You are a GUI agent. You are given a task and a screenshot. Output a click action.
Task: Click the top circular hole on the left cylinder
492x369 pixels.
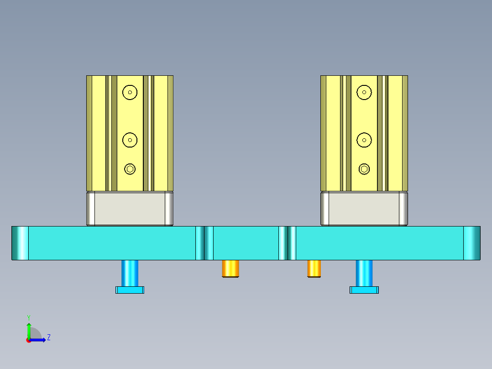pyautogui.click(x=130, y=92)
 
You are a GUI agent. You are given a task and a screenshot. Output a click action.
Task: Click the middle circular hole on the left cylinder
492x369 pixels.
pyautogui.click(x=130, y=140)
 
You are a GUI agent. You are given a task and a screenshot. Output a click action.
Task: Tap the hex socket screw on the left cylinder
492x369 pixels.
pyautogui.click(x=130, y=169)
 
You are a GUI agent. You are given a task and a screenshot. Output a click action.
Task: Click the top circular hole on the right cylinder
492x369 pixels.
pyautogui.click(x=364, y=92)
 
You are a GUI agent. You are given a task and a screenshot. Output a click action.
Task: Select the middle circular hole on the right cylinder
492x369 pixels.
pyautogui.click(x=364, y=140)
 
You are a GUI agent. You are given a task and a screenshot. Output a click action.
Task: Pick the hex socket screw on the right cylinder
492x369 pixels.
pyautogui.click(x=364, y=169)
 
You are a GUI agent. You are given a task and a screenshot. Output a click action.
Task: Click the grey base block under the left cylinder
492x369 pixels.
pyautogui.click(x=130, y=209)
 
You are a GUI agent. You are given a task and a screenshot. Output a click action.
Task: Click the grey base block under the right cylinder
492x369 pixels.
pyautogui.click(x=364, y=209)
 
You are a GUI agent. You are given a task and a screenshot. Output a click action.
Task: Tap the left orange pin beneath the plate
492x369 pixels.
pyautogui.click(x=231, y=268)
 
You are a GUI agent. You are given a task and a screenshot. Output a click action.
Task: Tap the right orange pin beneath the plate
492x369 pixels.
pyautogui.click(x=314, y=268)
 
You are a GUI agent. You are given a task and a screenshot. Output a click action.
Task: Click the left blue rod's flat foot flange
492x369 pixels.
pyautogui.click(x=130, y=290)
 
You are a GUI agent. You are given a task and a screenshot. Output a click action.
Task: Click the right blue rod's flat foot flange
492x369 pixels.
pyautogui.click(x=364, y=290)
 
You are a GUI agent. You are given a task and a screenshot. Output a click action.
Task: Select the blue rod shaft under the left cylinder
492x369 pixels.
pyautogui.click(x=130, y=273)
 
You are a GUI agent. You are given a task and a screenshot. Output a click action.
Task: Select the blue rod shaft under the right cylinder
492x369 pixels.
pyautogui.click(x=364, y=273)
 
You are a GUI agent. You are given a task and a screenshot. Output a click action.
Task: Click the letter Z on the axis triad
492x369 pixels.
pyautogui.click(x=48, y=337)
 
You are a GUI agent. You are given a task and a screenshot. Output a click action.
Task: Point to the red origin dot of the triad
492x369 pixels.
pyautogui.click(x=28, y=340)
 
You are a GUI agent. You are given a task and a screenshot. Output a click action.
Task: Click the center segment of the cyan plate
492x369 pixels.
pyautogui.click(x=246, y=243)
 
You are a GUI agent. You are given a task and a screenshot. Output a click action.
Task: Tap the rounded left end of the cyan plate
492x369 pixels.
pyautogui.click(x=20, y=243)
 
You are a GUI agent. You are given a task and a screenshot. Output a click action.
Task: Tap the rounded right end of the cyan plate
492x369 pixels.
pyautogui.click(x=472, y=243)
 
